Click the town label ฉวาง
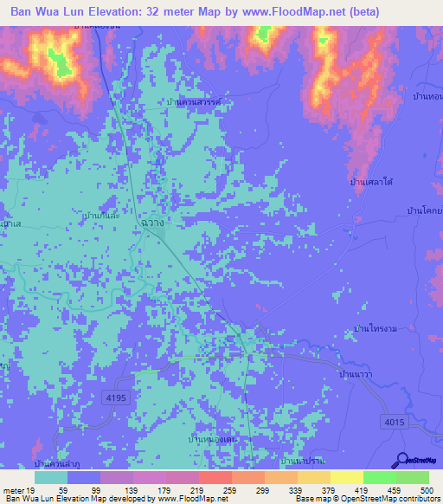click(151, 223)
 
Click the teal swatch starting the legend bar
click(51, 477)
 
